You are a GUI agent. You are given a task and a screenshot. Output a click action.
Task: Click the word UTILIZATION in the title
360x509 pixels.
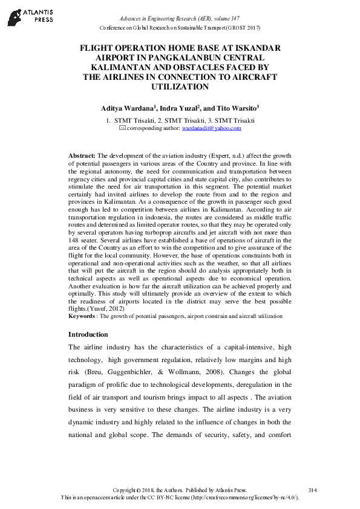click(x=181, y=87)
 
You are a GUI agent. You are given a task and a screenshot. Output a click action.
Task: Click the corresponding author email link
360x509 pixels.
click(x=216, y=128)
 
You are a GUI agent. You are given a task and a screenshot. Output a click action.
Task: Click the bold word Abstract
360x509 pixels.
click(x=82, y=155)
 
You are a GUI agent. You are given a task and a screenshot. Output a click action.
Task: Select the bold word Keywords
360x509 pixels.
click(x=82, y=316)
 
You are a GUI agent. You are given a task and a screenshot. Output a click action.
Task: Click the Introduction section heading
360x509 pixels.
click(x=88, y=334)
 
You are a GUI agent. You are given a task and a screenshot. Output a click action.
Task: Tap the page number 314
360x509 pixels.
click(x=312, y=489)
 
